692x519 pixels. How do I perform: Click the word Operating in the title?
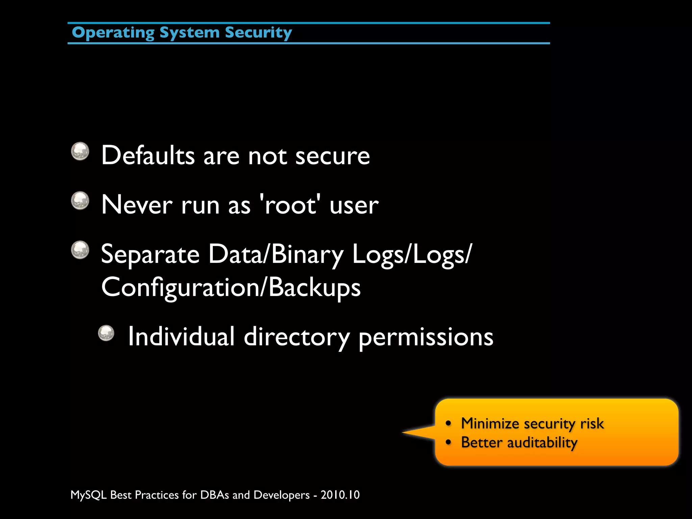(113, 33)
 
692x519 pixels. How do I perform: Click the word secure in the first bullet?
(332, 156)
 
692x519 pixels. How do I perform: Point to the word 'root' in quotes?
(290, 205)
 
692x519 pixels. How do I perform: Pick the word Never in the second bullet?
(137, 205)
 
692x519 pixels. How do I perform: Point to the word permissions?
(426, 338)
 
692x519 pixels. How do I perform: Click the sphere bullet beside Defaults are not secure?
(80, 151)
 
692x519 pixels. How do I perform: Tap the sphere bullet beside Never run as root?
(80, 200)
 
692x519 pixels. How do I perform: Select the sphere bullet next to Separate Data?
(80, 250)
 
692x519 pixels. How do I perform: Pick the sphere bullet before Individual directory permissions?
(106, 333)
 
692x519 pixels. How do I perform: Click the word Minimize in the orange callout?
(490, 424)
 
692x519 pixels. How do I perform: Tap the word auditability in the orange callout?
(542, 443)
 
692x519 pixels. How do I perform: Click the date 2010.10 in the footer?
(340, 495)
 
